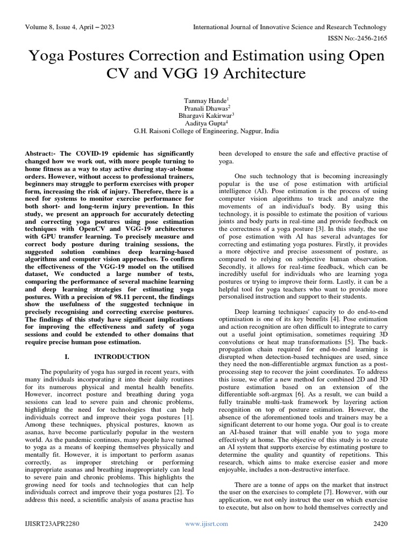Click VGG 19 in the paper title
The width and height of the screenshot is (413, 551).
pos(225,74)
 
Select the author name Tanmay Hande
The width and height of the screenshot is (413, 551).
pos(205,100)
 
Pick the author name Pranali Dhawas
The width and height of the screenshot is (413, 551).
pos(205,108)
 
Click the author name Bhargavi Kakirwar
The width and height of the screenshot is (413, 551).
pos(205,115)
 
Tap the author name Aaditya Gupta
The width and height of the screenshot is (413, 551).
pos(205,123)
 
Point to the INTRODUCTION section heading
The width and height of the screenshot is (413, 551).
pos(122,357)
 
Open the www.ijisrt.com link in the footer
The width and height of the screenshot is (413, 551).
pos(206,524)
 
